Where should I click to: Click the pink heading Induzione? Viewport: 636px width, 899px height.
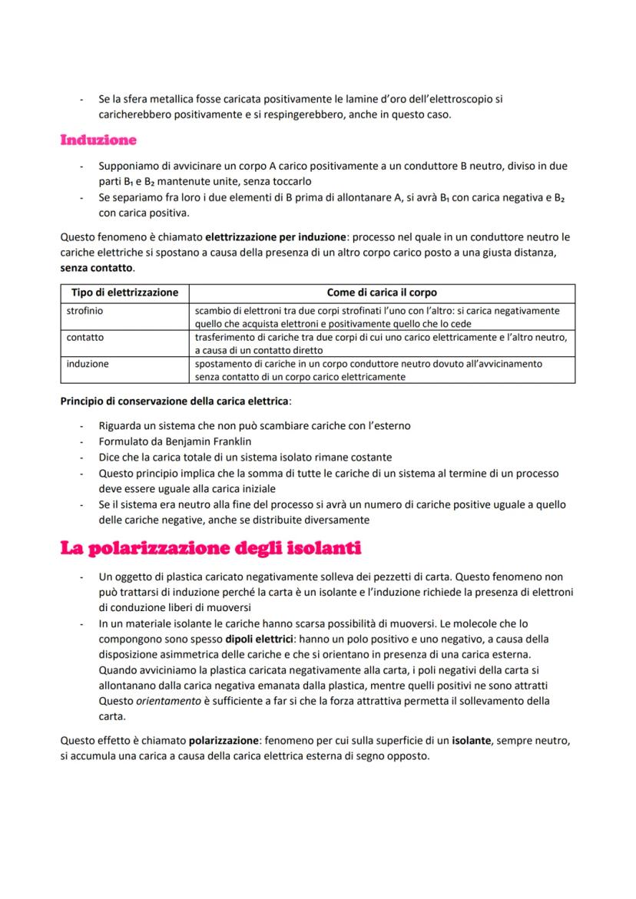(x=98, y=140)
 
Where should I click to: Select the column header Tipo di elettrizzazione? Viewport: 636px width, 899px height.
(x=124, y=293)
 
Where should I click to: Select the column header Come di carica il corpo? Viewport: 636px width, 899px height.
(x=382, y=293)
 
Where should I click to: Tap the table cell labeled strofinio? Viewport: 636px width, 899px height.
(x=84, y=310)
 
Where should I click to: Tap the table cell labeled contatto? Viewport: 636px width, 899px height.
(x=84, y=337)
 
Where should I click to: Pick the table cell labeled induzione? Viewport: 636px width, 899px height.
(x=87, y=363)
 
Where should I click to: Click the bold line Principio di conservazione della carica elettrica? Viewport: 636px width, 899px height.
(x=176, y=401)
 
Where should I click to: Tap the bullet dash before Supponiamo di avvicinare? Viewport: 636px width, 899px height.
(x=81, y=166)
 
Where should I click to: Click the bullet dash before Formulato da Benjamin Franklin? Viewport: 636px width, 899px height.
(x=81, y=441)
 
